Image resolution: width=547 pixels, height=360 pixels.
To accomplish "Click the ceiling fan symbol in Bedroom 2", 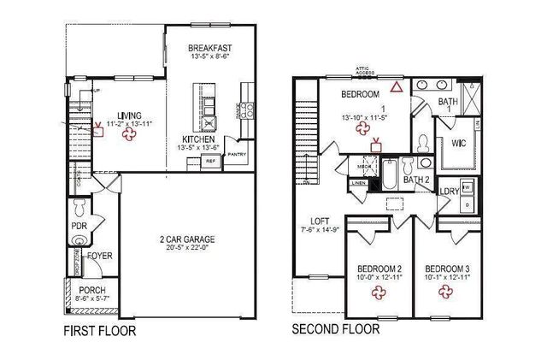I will coord(377,293).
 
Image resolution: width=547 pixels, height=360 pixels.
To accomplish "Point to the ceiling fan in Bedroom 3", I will coord(445,293).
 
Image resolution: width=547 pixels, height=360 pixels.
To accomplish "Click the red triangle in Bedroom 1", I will coord(396,86).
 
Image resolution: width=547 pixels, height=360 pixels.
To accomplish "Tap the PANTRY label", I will coord(237,155).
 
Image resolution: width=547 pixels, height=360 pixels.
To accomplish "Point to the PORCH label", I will coord(91,291).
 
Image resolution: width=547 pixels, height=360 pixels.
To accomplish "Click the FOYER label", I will coord(100,256).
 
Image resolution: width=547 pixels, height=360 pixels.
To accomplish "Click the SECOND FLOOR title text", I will coord(336,329).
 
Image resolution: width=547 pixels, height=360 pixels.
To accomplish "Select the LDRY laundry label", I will coord(449,191).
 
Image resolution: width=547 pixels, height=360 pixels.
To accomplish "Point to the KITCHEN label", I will coord(197,139).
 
